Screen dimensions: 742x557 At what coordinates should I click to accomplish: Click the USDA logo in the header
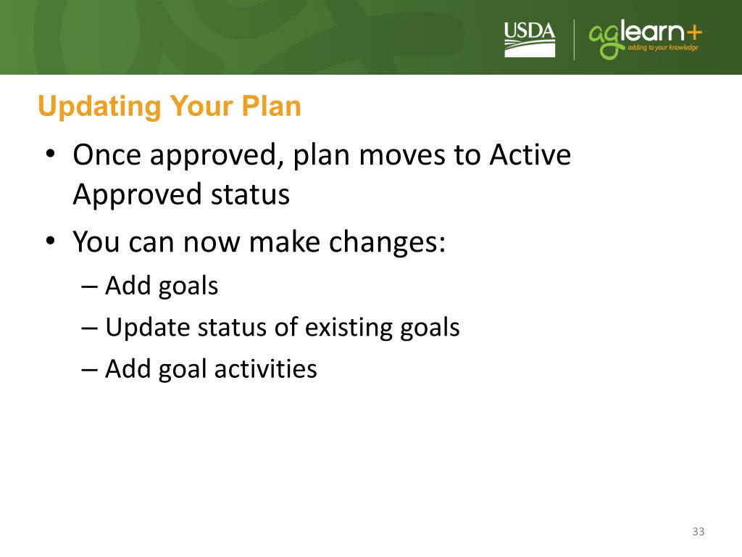tap(530, 40)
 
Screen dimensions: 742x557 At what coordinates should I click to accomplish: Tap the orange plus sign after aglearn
tap(693, 33)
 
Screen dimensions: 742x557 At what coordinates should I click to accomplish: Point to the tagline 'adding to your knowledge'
tap(662, 47)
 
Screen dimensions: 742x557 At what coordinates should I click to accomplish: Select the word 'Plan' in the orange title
tap(271, 106)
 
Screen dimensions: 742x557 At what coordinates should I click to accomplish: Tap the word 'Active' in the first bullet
tap(530, 154)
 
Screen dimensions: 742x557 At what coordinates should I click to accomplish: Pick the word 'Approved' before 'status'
tap(138, 195)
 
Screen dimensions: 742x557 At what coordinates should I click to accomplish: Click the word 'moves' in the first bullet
tap(402, 155)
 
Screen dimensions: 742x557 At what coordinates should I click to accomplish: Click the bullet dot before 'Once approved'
tap(51, 154)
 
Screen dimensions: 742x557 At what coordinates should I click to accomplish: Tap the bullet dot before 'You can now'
tap(51, 241)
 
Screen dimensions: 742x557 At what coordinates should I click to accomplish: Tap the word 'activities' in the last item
tap(265, 368)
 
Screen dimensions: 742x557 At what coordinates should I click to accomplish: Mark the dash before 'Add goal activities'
tap(89, 370)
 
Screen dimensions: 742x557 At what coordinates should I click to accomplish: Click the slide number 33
tap(699, 532)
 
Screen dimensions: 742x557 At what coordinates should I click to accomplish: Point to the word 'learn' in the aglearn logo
tap(653, 31)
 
